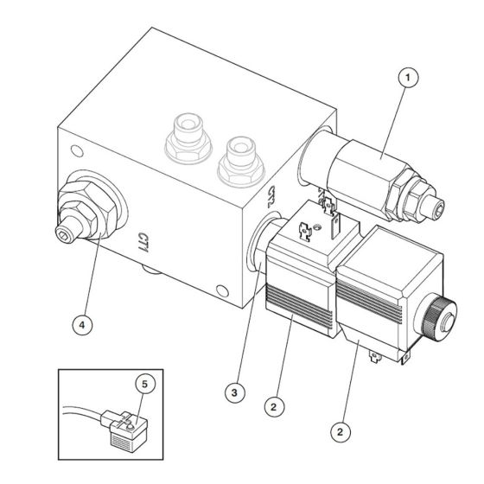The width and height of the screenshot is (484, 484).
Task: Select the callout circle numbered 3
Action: [232, 392]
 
